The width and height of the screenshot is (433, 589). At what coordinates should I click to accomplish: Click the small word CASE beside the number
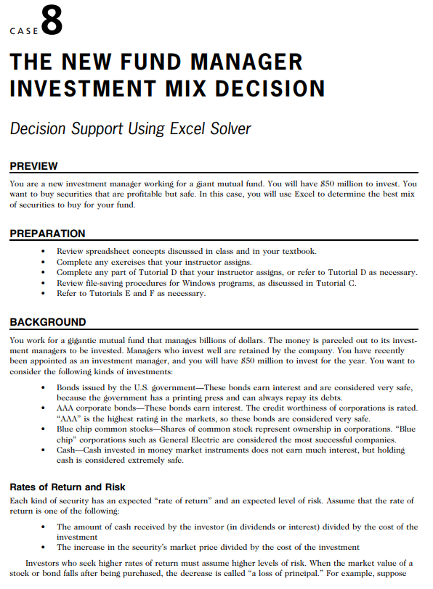coord(24,32)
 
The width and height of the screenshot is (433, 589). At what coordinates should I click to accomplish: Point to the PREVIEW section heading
coord(33,167)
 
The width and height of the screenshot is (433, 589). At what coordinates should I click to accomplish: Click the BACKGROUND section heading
coord(48,322)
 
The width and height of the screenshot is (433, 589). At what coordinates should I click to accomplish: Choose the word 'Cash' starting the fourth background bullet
coord(67,450)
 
